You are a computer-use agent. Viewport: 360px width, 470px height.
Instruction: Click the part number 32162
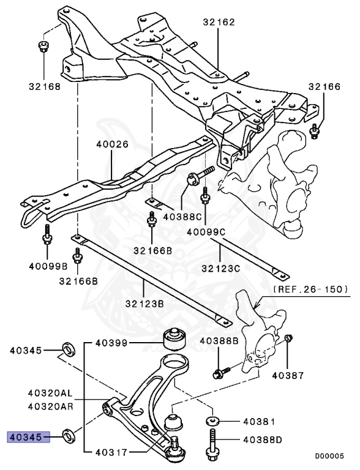coord(219,22)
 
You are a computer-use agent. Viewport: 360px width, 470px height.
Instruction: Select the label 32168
coord(44,86)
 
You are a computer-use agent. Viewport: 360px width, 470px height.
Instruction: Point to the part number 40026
coord(112,145)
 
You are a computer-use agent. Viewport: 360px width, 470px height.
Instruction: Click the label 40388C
coord(182,216)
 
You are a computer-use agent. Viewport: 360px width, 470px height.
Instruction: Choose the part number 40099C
coord(206,233)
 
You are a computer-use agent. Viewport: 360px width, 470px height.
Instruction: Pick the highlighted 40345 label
coord(25,436)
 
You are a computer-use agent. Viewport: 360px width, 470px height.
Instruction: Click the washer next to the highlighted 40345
coord(69,436)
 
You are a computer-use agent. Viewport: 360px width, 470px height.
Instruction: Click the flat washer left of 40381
coord(212,421)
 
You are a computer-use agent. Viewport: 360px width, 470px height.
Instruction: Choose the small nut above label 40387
coord(290,338)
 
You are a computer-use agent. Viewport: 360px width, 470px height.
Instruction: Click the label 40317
coord(111,453)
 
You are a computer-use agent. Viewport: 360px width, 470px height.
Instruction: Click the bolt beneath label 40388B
coord(220,371)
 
